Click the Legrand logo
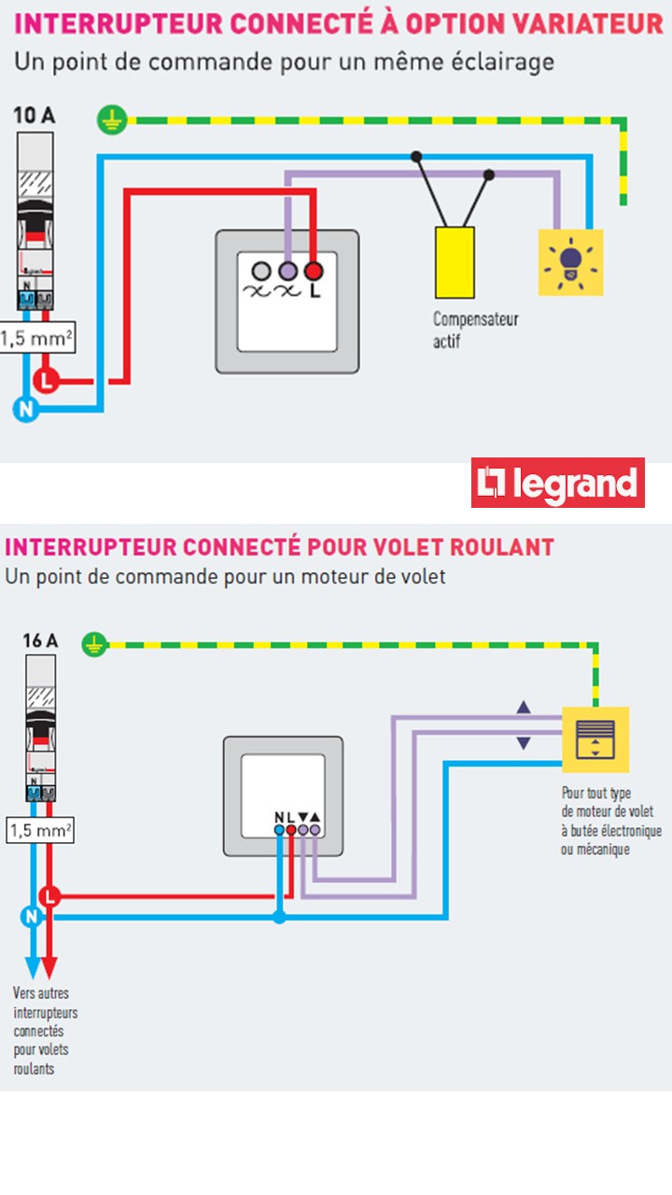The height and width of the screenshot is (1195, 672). point(557,483)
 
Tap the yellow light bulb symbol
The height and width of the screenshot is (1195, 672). point(570,262)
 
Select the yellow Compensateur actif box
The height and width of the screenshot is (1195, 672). point(455,261)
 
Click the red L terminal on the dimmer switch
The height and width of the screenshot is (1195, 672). point(314,271)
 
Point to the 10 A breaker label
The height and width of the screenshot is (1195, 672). point(35,116)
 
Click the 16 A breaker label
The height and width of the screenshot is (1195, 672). point(40,641)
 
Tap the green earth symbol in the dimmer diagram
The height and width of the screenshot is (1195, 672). point(110,119)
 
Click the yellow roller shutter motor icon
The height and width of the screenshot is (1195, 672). point(595,739)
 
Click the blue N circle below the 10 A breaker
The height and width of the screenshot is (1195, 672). point(26,409)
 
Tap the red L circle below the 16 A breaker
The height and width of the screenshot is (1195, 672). point(49,897)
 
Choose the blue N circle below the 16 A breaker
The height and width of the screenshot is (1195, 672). point(32,917)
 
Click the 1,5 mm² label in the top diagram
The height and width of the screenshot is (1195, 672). point(36,339)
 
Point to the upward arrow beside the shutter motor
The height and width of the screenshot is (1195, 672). point(524,708)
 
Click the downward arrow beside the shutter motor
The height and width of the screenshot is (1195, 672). point(524,743)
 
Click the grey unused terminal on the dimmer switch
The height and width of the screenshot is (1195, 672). point(261,271)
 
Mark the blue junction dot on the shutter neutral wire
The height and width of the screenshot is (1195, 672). point(279,917)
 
